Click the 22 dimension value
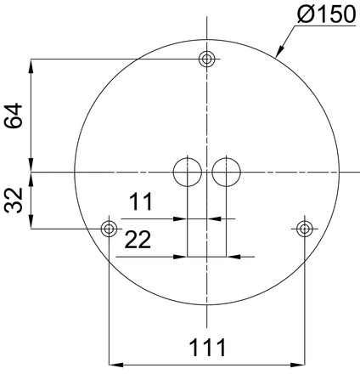click(x=138, y=241)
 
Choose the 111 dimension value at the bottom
click(x=206, y=347)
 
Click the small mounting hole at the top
click(x=206, y=59)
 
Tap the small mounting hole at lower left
click(x=109, y=228)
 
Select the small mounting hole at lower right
click(x=304, y=228)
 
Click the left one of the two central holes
click(x=187, y=173)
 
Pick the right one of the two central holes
click(x=226, y=173)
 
